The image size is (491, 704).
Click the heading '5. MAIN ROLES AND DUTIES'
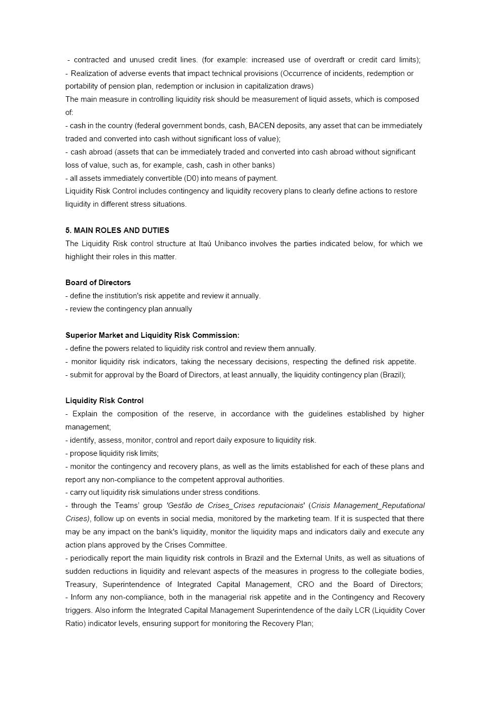pyautogui.click(x=117, y=230)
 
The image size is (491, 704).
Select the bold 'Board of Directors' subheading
pyautogui.click(x=98, y=283)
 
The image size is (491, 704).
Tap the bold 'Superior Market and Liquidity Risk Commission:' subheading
pyautogui.click(x=152, y=335)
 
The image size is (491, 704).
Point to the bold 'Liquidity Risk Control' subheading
pyautogui.click(x=104, y=401)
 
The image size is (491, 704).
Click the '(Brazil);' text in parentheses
pyautogui.click(x=393, y=375)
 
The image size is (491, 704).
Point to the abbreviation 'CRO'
pyautogui.click(x=306, y=584)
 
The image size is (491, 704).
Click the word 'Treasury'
pyautogui.click(x=81, y=584)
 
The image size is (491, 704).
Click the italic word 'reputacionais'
pyautogui.click(x=280, y=505)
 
